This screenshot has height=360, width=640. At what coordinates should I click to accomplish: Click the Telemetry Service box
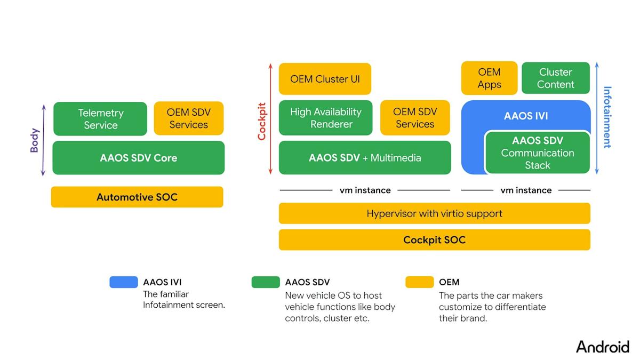click(x=100, y=119)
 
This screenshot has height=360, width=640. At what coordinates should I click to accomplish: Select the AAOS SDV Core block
click(x=138, y=158)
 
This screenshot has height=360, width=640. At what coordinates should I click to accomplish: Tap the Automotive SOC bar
click(x=137, y=197)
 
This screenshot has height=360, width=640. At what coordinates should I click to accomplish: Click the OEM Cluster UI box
click(x=325, y=79)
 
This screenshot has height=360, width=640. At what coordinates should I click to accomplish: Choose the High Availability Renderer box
click(x=325, y=118)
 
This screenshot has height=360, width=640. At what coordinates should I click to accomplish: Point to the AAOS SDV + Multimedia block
click(x=365, y=158)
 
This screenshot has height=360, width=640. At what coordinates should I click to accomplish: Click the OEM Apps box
click(x=489, y=78)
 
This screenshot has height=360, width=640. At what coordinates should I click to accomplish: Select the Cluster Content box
click(x=555, y=78)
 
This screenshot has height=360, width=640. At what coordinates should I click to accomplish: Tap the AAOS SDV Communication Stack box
click(x=537, y=153)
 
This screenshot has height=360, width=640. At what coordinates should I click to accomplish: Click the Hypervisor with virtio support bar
click(x=434, y=213)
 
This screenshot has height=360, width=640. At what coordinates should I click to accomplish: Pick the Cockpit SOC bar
click(x=434, y=240)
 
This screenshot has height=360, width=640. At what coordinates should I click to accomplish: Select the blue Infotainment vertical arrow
click(x=597, y=118)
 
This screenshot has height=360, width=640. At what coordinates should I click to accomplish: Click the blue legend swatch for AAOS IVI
click(x=124, y=282)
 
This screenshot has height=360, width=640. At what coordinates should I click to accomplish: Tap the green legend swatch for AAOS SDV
click(x=266, y=282)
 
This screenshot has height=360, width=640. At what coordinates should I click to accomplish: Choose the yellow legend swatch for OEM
click(x=419, y=282)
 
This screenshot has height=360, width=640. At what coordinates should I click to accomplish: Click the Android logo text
click(x=602, y=347)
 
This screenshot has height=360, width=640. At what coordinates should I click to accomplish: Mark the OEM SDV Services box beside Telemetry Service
click(x=189, y=119)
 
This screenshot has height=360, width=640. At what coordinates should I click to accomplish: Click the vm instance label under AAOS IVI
click(x=526, y=190)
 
